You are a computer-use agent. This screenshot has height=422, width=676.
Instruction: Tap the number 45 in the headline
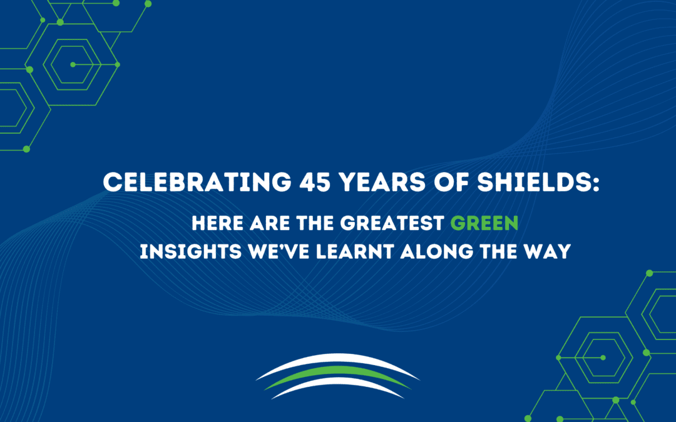pos(315,182)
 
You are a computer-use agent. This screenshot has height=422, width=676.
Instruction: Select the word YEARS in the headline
pos(382,182)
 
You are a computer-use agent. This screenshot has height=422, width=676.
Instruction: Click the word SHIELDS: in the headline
pos(538,182)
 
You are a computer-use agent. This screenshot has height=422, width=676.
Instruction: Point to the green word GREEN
pos(484,223)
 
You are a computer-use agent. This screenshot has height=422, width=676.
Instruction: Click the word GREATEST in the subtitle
pos(392,223)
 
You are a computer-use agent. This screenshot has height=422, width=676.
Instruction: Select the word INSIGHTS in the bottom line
pos(190,251)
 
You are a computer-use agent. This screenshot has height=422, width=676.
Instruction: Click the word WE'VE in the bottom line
pos(279,251)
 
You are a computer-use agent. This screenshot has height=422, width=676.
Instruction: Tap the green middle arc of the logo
pos(337,371)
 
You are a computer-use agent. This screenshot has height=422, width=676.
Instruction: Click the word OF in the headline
pos(451,182)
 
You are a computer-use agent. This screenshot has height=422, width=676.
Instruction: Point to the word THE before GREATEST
pos(315,223)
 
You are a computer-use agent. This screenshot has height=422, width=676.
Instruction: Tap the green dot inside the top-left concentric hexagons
pos(73,64)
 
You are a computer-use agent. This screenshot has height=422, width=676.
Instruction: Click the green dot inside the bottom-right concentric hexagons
pos(603,358)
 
